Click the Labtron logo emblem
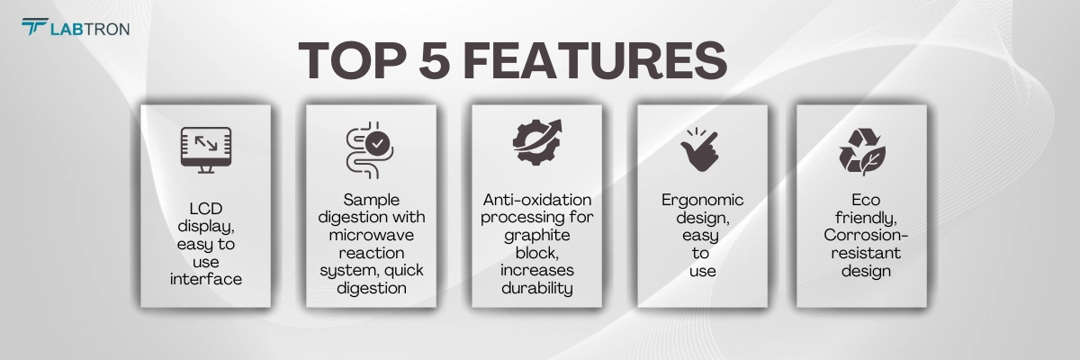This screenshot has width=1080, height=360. coord(35,26)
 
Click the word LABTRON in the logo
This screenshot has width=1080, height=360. coord(90,30)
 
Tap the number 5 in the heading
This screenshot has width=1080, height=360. coord(435,60)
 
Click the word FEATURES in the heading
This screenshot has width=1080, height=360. coord(595,60)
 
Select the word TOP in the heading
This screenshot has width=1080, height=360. coord(353,60)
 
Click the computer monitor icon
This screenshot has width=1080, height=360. coord(206,150)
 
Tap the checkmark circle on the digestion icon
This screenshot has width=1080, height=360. coord(377,143)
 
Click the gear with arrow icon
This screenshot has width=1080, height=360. coord(537,142)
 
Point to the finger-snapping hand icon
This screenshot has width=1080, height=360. coord(699,150)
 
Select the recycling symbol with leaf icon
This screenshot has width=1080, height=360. coord(862,151)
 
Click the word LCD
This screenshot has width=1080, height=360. coord(206,209)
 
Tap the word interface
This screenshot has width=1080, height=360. coord(206,279)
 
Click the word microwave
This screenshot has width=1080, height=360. coord(371,235)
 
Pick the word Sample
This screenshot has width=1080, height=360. coord(371,201)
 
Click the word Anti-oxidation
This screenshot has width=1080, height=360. coord(537,200)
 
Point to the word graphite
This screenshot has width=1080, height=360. coord(537,236)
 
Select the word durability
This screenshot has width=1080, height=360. coord(537,288)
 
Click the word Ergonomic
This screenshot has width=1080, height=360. coord(703,201)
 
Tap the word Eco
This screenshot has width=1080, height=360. coord(866,200)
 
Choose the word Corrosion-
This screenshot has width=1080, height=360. coord(866,235)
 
